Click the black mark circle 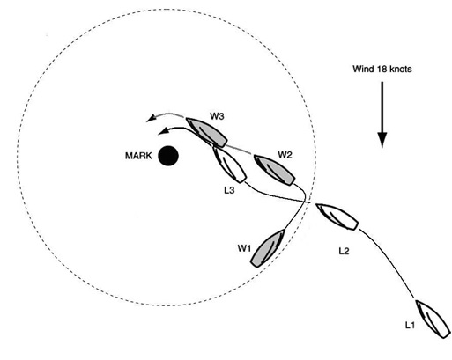pyautogui.click(x=168, y=156)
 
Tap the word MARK pyautogui.click(x=138, y=156)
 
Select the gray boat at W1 pyautogui.click(x=268, y=248)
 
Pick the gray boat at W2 pyautogui.click(x=274, y=170)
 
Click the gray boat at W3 pyautogui.click(x=206, y=132)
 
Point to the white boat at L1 pyautogui.click(x=433, y=319)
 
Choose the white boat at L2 pyautogui.click(x=337, y=217)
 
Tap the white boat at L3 pyautogui.click(x=229, y=164)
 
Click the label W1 pyautogui.click(x=244, y=248)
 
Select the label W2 pyautogui.click(x=285, y=155)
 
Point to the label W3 pyautogui.click(x=217, y=116)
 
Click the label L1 pyautogui.click(x=410, y=325)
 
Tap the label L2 pyautogui.click(x=344, y=251)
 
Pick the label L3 pyautogui.click(x=229, y=190)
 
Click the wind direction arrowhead pyautogui.click(x=382, y=140)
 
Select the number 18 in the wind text pyautogui.click(x=381, y=69)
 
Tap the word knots pyautogui.click(x=400, y=69)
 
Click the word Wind pyautogui.click(x=363, y=69)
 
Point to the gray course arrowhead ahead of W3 pyautogui.click(x=151, y=118)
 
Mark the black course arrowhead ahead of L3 pyautogui.click(x=163, y=131)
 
